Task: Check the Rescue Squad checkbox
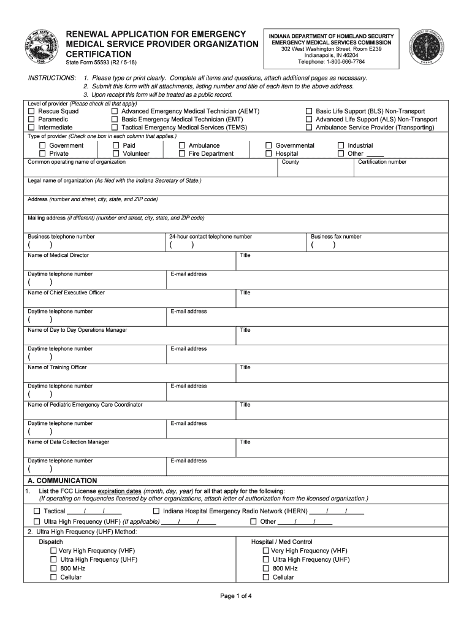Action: (31, 112)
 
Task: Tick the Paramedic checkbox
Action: (31, 120)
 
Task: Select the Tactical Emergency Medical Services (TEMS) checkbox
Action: (115, 128)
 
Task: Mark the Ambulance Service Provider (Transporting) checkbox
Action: (309, 128)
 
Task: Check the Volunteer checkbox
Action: (116, 154)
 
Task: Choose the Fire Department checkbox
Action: (182, 154)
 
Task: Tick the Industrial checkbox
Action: (341, 146)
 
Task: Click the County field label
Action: (290, 163)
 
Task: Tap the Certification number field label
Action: (382, 163)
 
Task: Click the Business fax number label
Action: (336, 237)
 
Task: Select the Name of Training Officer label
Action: (57, 367)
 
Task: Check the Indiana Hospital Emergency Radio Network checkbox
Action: (156, 511)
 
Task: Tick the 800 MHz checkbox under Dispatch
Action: (54, 569)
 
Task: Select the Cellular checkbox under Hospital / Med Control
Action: (266, 577)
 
